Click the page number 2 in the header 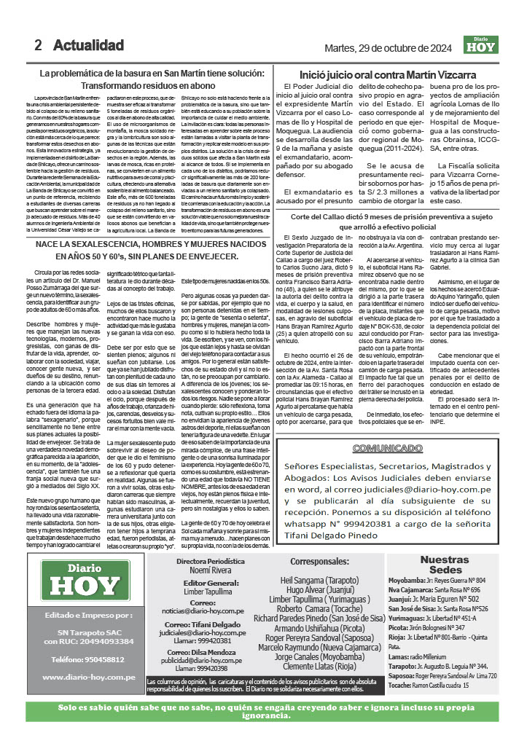pyautogui.click(x=38, y=45)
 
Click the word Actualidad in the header pyautogui.click(x=88, y=45)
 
